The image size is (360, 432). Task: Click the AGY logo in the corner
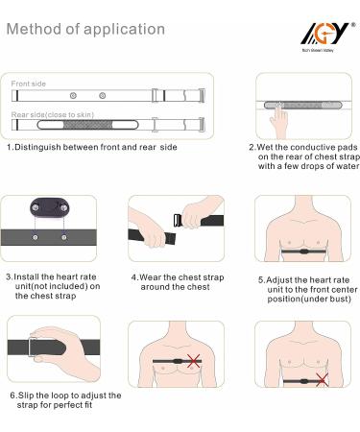pyautogui.click(x=327, y=36)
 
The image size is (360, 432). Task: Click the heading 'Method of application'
pyautogui.click(x=85, y=29)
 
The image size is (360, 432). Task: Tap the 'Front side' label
pyautogui.click(x=29, y=84)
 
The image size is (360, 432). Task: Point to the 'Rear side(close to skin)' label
pyautogui.click(x=53, y=114)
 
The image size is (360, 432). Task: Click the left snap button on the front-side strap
pyautogui.click(x=73, y=95)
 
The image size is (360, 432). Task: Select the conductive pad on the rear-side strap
pyautogui.click(x=87, y=125)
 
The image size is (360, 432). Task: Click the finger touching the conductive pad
pyautogui.click(x=278, y=120)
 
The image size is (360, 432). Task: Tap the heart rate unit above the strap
pyautogui.click(x=50, y=207)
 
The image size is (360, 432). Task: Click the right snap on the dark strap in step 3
pyautogui.click(x=64, y=237)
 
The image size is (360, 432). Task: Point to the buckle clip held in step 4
pyautogui.click(x=177, y=220)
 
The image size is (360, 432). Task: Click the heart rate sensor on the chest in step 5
pyautogui.click(x=303, y=252)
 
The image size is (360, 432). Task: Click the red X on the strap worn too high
pyautogui.click(x=194, y=361)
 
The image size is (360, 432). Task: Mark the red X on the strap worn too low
pyautogui.click(x=322, y=379)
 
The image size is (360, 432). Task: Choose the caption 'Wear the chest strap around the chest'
pyautogui.click(x=178, y=282)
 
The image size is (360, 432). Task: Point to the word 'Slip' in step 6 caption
pyautogui.click(x=25, y=396)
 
